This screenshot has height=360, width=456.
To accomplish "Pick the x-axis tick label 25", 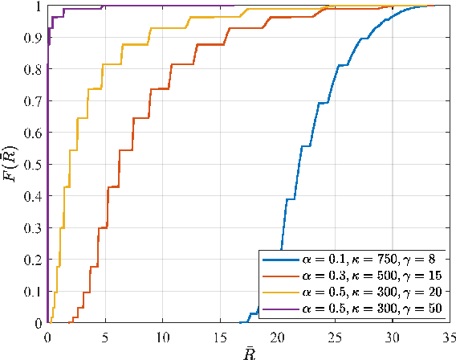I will [x=335, y=335].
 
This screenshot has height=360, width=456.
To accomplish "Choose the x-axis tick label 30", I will [x=393, y=335].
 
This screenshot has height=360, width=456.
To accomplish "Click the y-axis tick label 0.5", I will [x=32, y=164].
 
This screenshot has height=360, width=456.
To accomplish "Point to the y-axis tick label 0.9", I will [x=32, y=38].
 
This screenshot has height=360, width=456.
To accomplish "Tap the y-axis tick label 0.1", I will [x=32, y=291].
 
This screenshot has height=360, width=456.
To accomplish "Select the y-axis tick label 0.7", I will [x=32, y=100].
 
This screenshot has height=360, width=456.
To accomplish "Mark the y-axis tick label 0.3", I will [x=32, y=227].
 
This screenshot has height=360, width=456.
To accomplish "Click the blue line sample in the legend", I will [x=278, y=260].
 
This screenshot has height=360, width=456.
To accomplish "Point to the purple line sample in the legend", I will [x=278, y=309].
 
